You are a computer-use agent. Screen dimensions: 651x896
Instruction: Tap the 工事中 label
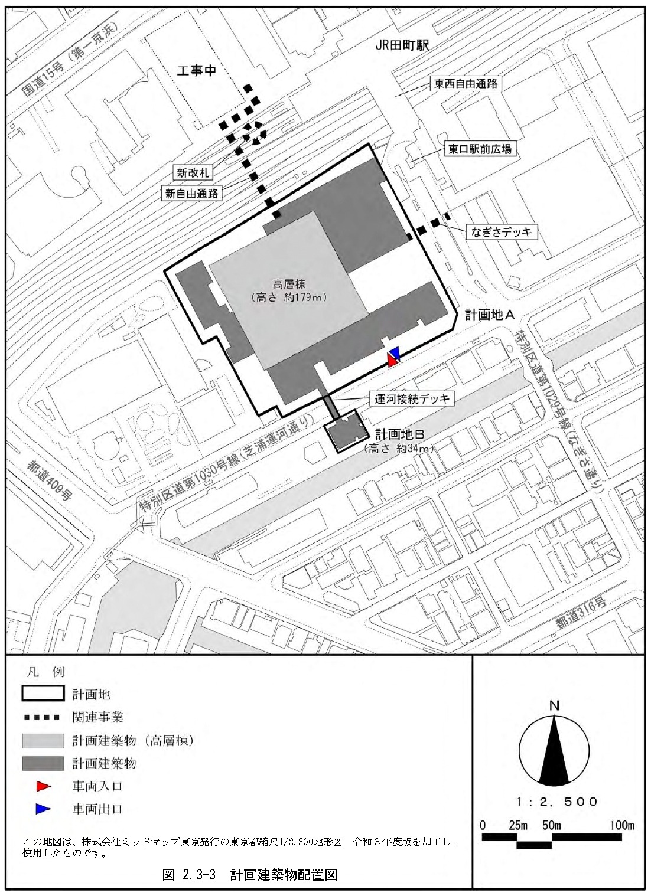tap(197, 71)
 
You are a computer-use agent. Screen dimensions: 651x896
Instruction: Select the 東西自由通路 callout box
tap(466, 84)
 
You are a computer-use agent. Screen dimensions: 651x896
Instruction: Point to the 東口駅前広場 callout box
tap(479, 149)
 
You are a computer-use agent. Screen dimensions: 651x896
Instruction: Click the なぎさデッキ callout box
tap(502, 232)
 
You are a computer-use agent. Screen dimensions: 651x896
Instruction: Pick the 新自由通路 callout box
tap(191, 193)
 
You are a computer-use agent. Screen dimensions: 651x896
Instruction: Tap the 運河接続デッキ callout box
tap(412, 399)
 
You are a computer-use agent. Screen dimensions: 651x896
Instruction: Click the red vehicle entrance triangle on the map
tap(392, 360)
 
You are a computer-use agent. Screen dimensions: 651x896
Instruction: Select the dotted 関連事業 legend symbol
tap(42, 718)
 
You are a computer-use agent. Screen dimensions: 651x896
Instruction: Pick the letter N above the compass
tap(554, 706)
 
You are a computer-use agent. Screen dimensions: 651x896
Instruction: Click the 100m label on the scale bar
tap(621, 825)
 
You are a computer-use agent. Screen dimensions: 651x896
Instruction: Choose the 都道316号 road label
tap(581, 613)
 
